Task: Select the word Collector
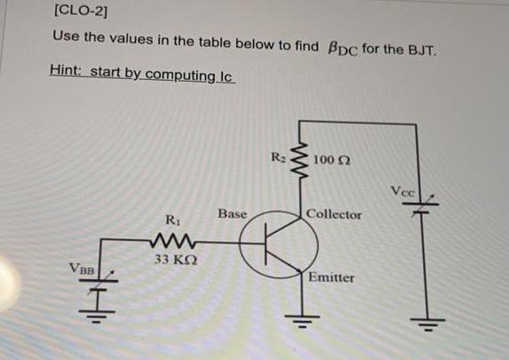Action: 334,215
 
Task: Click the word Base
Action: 232,214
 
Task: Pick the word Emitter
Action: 330,277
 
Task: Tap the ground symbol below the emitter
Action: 299,321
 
